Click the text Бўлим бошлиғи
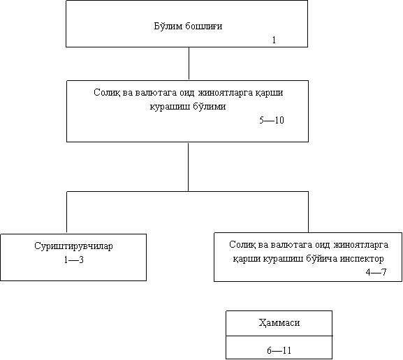[x=188, y=27]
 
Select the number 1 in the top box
[x=274, y=40]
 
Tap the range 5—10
[x=272, y=120]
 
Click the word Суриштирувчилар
[x=73, y=246]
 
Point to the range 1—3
[x=74, y=260]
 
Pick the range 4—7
[x=376, y=272]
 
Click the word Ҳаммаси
[x=279, y=323]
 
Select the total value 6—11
[x=279, y=350]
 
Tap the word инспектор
[x=362, y=259]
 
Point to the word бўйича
[x=322, y=259]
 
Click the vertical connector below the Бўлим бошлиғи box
[x=189, y=63]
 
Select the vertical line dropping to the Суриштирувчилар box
[x=67, y=212]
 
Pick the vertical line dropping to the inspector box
[x=308, y=212]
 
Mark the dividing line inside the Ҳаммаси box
[x=279, y=336]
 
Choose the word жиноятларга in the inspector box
[x=361, y=245]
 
